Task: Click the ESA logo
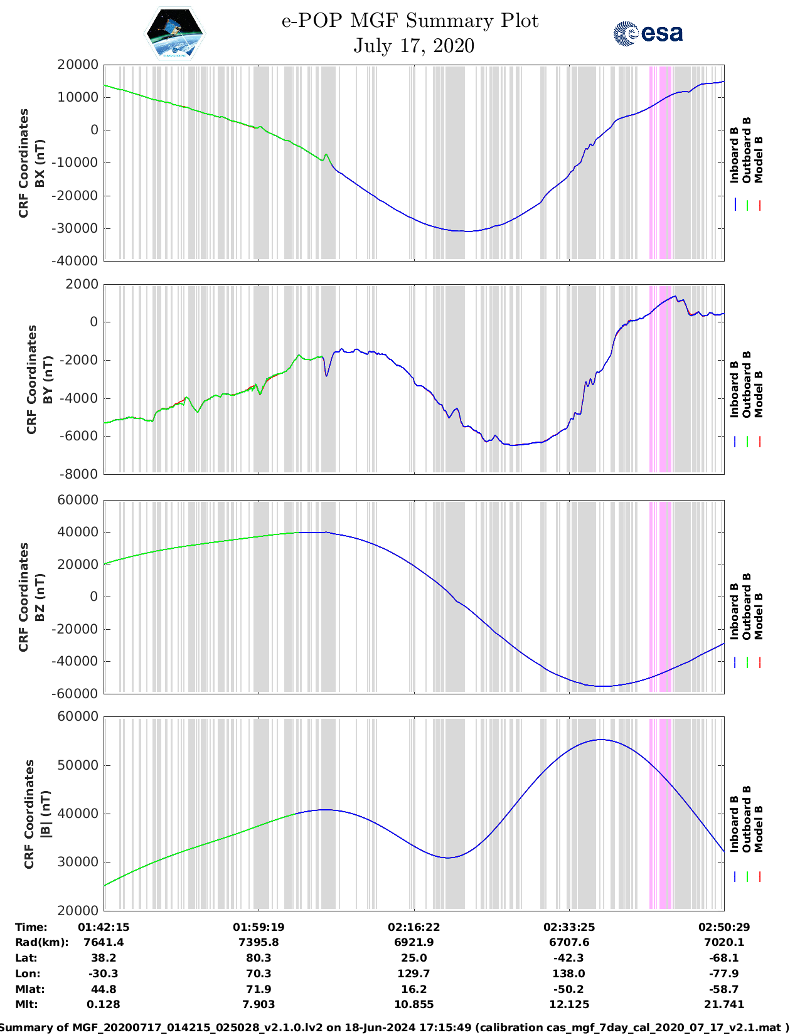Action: coord(648,33)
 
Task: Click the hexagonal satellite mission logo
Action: coord(175,33)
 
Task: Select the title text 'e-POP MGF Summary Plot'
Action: coord(410,21)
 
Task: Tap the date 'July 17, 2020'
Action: coord(413,46)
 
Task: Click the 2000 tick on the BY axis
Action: coord(82,284)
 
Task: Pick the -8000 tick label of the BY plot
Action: coord(79,474)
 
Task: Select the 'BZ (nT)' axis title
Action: coord(40,597)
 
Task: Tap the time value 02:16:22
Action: coord(413,927)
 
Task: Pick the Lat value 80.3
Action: coord(259,958)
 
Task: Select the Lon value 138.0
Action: coord(568,974)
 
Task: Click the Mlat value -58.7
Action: coord(723,989)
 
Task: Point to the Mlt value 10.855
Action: coord(413,1004)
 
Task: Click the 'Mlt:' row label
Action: coord(26,1004)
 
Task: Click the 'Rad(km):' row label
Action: coord(42,942)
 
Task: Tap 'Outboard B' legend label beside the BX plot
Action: coord(747,151)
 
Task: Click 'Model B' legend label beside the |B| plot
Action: coord(759,829)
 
